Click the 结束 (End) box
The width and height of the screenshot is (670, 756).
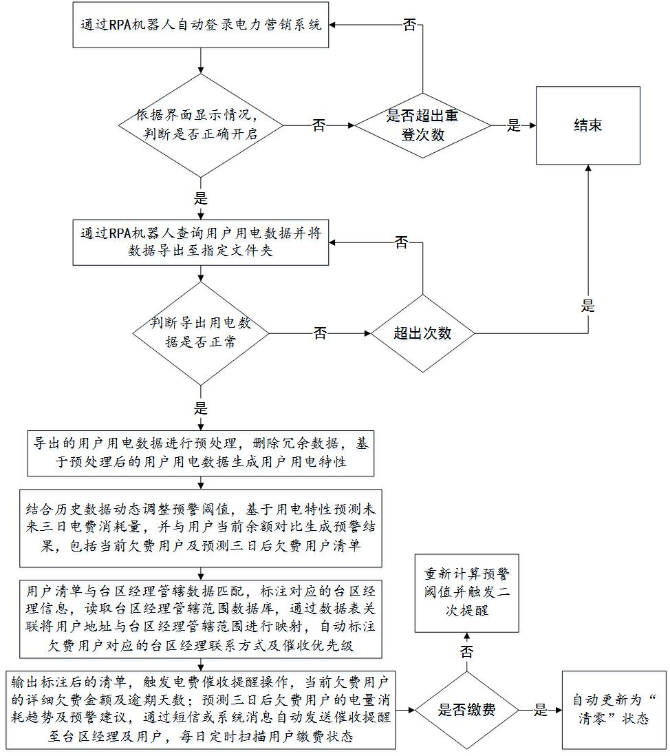[x=588, y=125]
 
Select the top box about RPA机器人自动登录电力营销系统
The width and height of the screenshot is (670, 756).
[x=200, y=25]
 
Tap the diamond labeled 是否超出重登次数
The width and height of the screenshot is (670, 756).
[x=422, y=125]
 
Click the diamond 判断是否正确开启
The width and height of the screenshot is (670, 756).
[x=200, y=125]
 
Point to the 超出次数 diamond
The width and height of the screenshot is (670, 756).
[x=422, y=333]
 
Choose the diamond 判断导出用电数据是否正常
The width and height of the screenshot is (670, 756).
[x=200, y=333]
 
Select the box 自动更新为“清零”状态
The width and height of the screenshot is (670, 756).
[x=614, y=710]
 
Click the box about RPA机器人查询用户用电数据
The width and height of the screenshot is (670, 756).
[x=200, y=242]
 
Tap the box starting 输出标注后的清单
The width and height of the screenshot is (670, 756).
[x=202, y=709]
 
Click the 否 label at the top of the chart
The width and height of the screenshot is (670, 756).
[x=409, y=25]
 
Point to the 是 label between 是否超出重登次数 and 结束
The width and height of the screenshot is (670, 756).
[x=513, y=125]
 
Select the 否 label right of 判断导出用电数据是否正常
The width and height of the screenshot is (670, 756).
[x=320, y=333]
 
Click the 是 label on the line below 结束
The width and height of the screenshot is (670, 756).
[x=588, y=306]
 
